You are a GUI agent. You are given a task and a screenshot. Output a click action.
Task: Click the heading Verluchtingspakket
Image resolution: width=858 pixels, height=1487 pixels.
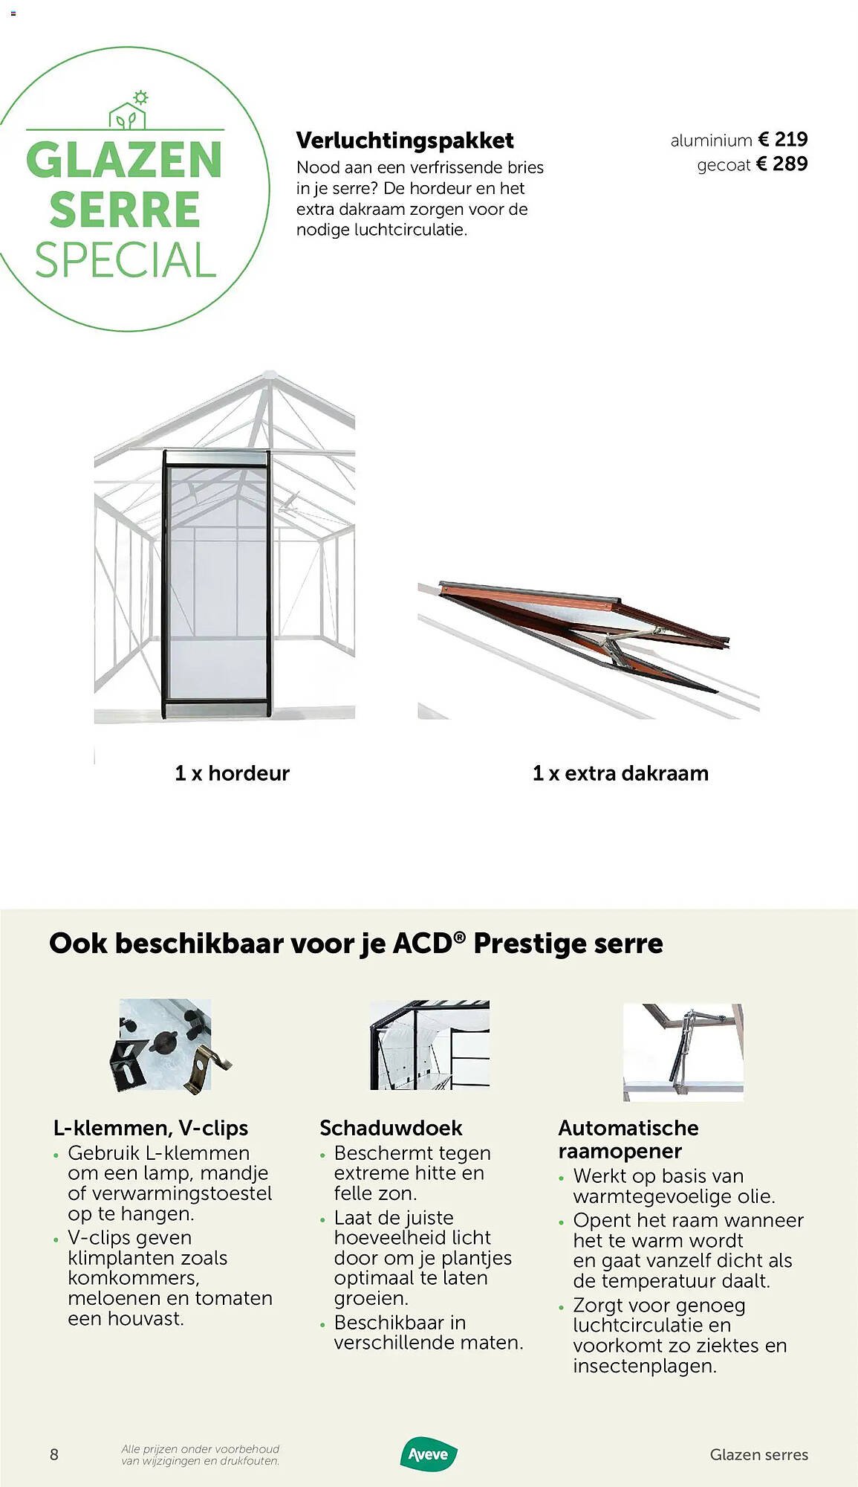click(x=405, y=141)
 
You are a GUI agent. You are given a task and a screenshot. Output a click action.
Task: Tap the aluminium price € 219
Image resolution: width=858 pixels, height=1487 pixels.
click(x=782, y=139)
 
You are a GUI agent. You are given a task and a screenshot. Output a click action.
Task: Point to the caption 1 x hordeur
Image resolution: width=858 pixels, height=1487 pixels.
click(x=232, y=773)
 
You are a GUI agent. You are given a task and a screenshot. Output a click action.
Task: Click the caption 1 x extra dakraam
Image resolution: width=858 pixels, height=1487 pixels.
click(x=620, y=773)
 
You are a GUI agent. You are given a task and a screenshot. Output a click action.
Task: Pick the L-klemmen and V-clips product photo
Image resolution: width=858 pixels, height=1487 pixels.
click(x=166, y=1045)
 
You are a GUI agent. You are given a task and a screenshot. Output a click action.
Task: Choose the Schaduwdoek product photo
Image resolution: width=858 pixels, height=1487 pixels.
click(x=429, y=1045)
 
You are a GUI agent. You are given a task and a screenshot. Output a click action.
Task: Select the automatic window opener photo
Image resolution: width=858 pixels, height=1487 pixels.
click(x=683, y=1051)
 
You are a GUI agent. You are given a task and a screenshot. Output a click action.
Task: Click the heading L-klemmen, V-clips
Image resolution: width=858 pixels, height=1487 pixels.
click(x=151, y=1128)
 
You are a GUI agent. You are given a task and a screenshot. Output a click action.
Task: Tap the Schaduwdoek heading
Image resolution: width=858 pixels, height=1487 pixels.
click(x=391, y=1128)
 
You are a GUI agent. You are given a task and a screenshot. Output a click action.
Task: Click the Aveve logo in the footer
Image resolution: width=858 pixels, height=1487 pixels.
click(x=429, y=1454)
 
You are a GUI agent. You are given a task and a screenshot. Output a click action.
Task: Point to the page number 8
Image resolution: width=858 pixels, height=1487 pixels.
click(x=54, y=1454)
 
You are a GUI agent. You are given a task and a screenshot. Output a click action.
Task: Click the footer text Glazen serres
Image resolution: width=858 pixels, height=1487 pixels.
click(x=758, y=1454)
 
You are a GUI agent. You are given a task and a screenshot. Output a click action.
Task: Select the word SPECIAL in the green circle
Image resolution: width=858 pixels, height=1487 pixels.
click(x=126, y=260)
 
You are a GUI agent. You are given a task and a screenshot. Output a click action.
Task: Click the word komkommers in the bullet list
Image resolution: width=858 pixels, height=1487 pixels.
click(x=133, y=1278)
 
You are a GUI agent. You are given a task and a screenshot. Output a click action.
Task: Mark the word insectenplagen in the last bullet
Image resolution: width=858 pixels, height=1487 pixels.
click(x=644, y=1366)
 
